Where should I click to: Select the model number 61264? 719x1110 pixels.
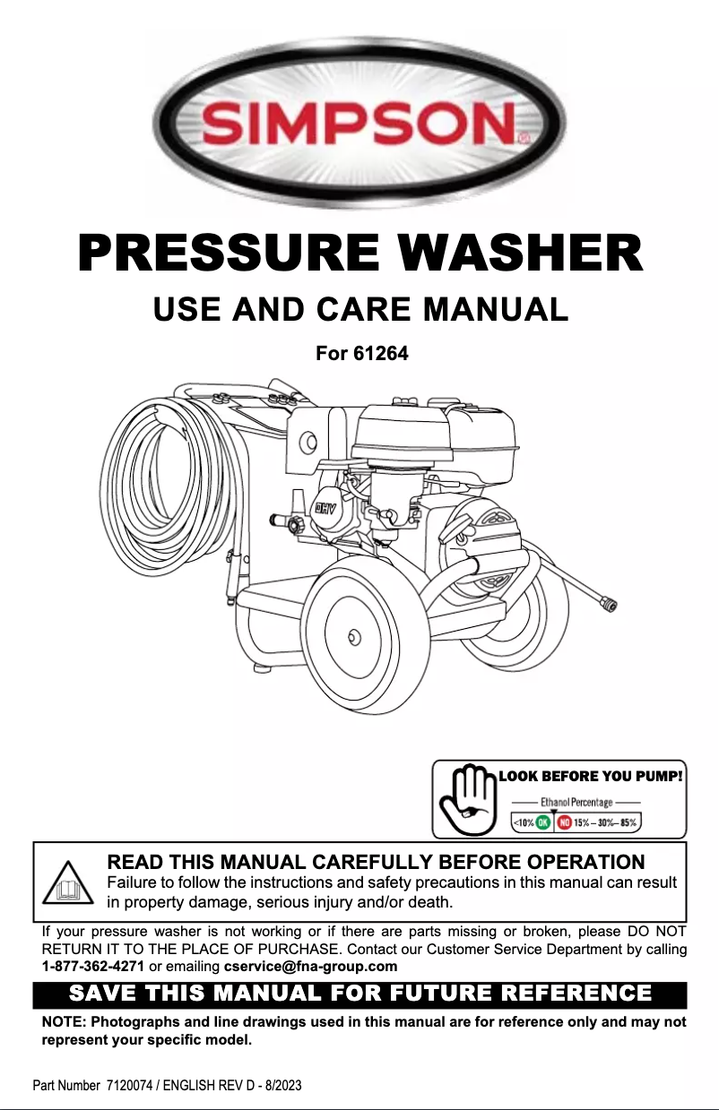(382, 354)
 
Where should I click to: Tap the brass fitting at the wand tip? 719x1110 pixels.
(607, 605)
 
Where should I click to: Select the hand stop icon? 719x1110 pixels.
(467, 797)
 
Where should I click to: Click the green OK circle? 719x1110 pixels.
(543, 822)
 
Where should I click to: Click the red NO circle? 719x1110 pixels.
(565, 822)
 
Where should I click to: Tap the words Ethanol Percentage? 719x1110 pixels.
(576, 802)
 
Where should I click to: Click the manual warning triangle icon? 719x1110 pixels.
(68, 882)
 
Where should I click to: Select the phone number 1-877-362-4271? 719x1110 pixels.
(93, 967)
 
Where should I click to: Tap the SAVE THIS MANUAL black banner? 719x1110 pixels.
(359, 994)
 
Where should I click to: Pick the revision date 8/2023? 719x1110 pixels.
(280, 1085)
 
